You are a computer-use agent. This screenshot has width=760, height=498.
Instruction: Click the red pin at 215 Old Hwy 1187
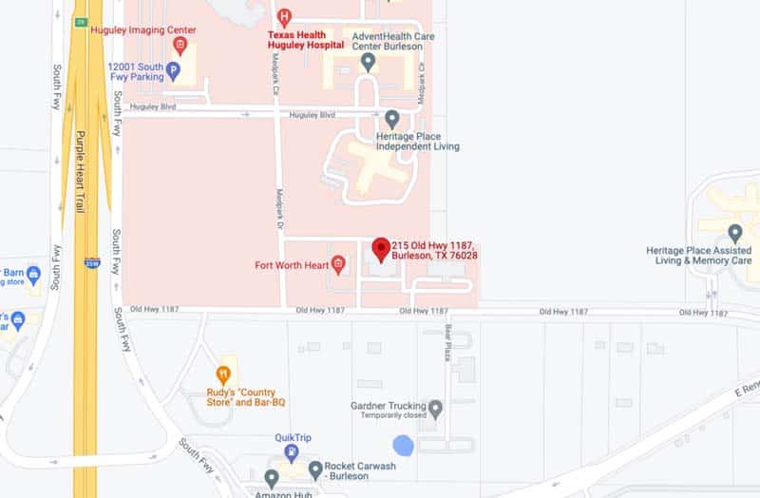pos(381,250)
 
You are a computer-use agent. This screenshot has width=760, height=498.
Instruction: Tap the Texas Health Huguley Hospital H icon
pos(283,16)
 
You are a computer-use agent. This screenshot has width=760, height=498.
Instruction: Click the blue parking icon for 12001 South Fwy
pos(173,69)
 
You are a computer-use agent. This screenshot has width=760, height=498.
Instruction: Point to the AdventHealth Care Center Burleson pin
pos(369,63)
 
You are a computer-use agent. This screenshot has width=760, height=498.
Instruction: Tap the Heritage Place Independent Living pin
pos(392,119)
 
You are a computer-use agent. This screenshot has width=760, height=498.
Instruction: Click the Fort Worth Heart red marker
pos(337,265)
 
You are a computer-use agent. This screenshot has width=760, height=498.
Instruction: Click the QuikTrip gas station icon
pos(292,452)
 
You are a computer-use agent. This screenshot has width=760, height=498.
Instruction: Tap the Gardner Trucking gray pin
pos(436,410)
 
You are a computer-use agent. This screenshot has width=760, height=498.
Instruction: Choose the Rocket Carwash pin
pos(315,470)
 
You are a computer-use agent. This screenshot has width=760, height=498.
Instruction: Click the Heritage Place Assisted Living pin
pos(734,233)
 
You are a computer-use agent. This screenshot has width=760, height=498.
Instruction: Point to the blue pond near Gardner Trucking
pos(404,445)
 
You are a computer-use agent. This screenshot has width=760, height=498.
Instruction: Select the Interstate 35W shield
pos(91,262)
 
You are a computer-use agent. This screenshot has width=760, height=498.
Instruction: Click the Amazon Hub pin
pos(272,478)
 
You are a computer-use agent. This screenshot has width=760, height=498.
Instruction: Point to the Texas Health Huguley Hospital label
pos(305,39)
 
